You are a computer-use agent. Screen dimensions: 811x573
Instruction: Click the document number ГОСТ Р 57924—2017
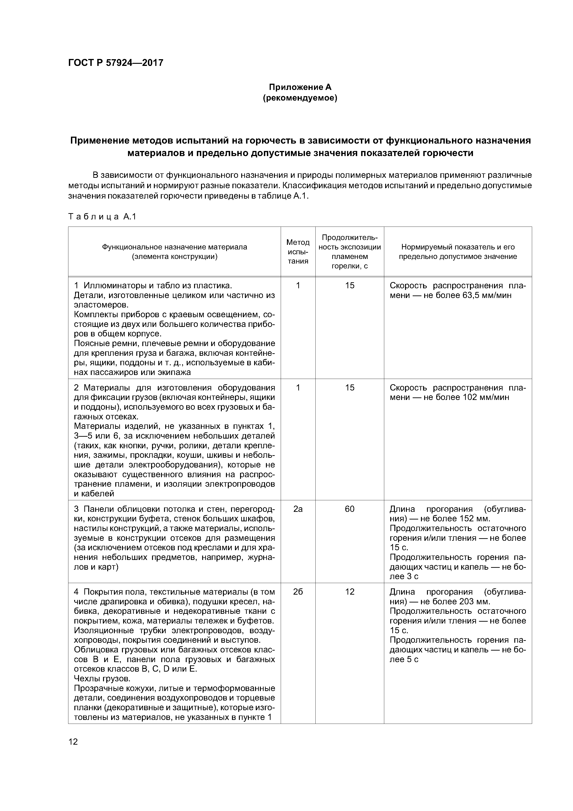[x=116, y=63]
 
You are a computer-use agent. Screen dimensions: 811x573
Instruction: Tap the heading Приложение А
[x=300, y=87]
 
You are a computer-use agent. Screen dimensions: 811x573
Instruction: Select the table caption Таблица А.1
[x=102, y=217]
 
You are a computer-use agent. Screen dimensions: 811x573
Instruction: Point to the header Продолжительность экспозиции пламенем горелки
[x=350, y=252]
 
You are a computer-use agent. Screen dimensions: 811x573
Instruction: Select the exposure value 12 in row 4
[x=350, y=592]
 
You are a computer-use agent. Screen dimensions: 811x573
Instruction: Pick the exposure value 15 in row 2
[x=350, y=388]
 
